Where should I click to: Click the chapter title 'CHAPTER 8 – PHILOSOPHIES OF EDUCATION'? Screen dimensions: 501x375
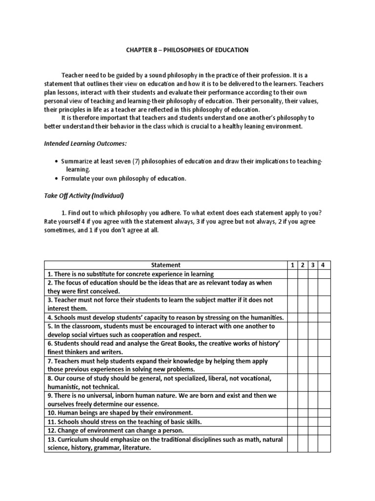point(187,50)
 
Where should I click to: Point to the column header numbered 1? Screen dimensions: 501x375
point(292,265)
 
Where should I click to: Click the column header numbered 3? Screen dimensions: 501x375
point(312,265)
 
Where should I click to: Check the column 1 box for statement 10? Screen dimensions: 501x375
point(292,412)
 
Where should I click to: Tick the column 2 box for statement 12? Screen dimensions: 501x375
point(302,430)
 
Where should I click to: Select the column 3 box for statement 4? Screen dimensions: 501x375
point(312,318)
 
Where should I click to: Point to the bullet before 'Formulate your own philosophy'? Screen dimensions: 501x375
point(58,179)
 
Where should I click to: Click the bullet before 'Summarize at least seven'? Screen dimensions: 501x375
point(58,161)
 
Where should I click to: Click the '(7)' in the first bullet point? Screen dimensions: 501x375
point(131,161)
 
